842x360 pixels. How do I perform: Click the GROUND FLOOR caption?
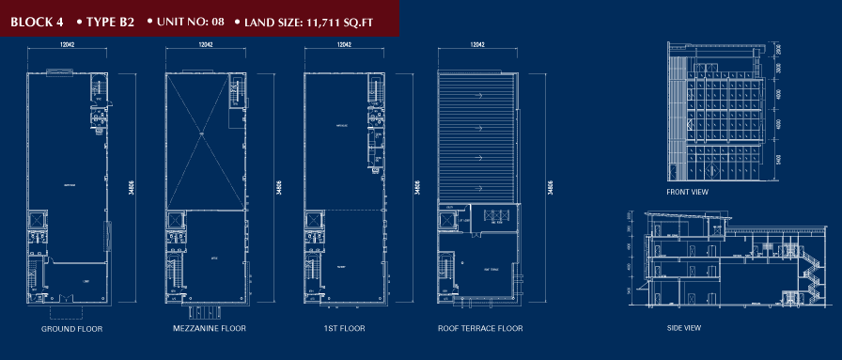(71, 330)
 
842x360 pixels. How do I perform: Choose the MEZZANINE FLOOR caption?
(210, 330)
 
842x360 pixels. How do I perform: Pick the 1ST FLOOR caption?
(345, 330)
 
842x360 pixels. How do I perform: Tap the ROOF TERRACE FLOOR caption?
(479, 330)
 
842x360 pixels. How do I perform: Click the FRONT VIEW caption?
(687, 192)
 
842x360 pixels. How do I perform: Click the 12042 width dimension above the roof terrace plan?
(477, 45)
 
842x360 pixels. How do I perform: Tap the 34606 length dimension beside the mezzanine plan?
(276, 187)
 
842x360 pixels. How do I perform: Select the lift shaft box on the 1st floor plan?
(313, 221)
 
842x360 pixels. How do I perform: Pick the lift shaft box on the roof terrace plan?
(446, 221)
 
